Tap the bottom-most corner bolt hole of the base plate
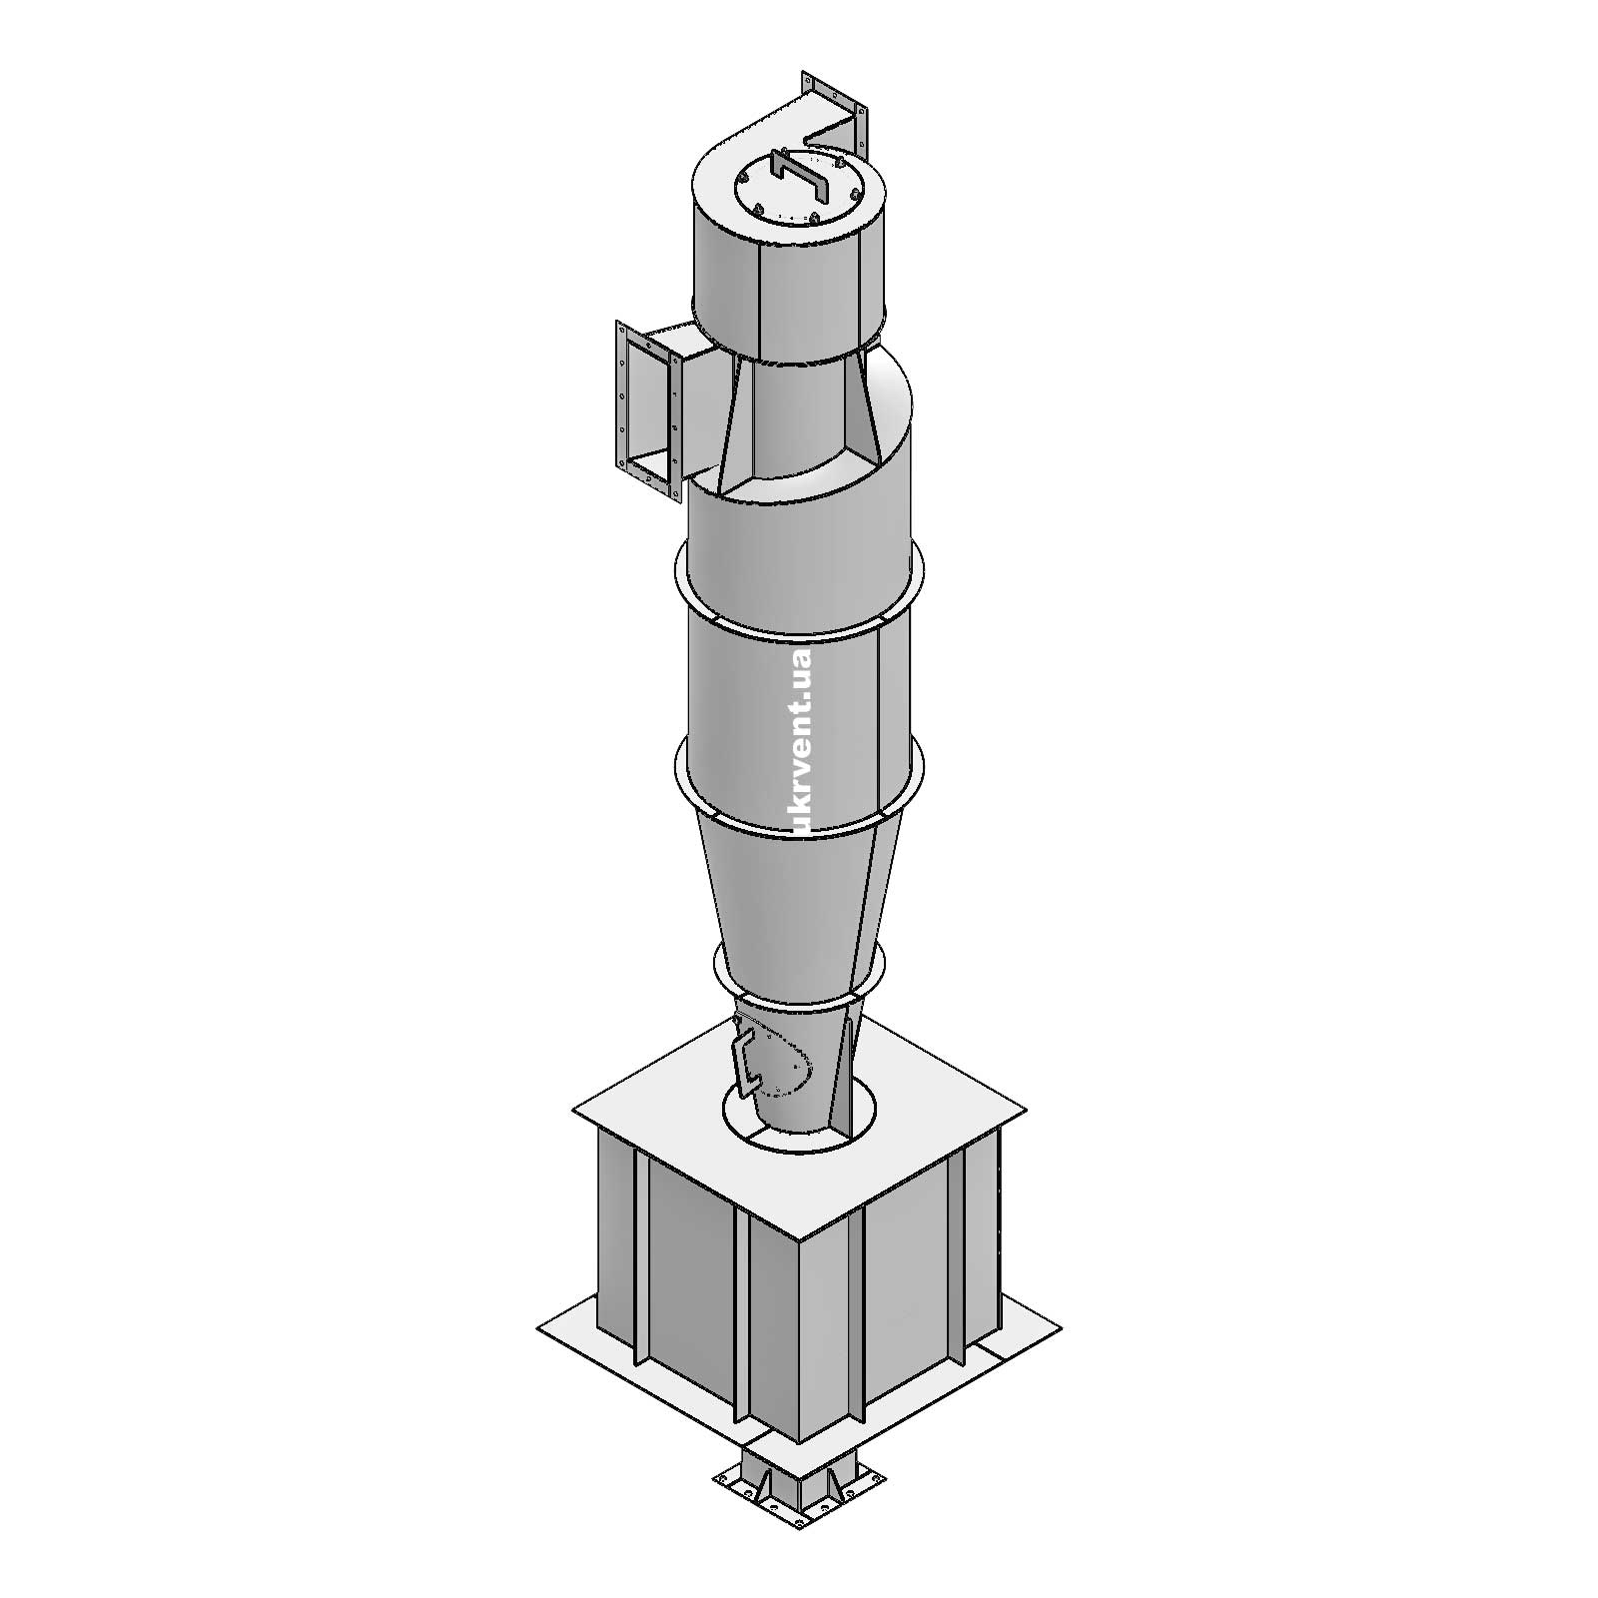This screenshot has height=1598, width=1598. (x=798, y=1547)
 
